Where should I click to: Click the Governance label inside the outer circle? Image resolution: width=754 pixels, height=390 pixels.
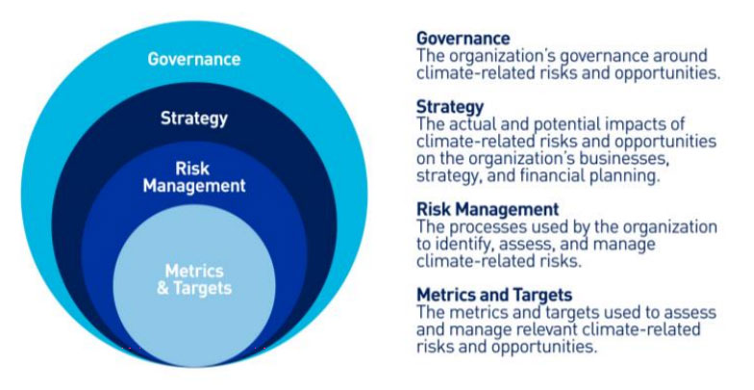click(193, 59)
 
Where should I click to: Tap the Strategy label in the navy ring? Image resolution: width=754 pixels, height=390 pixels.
click(193, 119)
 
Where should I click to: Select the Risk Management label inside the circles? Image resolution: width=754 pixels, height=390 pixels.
click(193, 177)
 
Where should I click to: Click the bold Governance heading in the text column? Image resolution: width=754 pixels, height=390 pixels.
click(463, 39)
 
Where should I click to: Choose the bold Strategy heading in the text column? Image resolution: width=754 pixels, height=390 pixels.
click(449, 107)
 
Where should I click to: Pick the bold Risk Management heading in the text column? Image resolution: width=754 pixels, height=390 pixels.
click(487, 209)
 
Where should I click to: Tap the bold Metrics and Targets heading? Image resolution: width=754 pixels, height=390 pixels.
click(493, 294)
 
